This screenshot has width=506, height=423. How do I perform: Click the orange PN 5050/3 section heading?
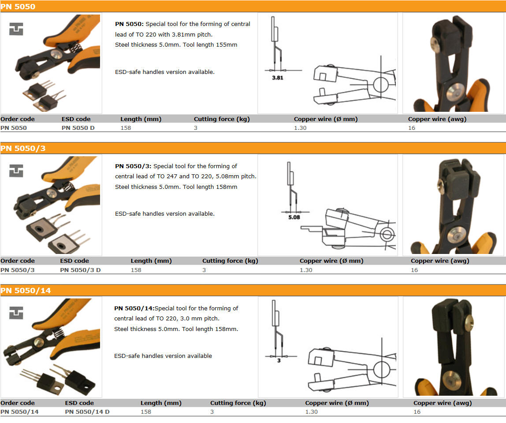click(23, 148)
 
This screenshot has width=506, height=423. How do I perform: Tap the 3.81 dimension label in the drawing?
click(278, 77)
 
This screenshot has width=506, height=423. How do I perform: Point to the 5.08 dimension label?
click(294, 217)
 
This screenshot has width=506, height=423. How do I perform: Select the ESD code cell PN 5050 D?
click(78, 128)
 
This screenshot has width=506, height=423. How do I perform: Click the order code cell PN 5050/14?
click(19, 412)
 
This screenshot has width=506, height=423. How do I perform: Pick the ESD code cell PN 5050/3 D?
click(80, 270)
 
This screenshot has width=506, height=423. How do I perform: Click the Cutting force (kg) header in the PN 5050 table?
click(222, 119)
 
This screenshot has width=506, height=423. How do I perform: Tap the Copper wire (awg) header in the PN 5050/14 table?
click(443, 403)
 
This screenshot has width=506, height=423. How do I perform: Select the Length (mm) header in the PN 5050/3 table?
click(151, 261)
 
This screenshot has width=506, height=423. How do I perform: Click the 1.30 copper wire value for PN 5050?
click(300, 128)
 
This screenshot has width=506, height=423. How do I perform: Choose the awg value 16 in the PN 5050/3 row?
click(414, 270)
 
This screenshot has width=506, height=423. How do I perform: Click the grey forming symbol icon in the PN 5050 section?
click(16, 29)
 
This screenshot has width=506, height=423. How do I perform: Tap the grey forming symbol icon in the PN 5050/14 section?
click(16, 313)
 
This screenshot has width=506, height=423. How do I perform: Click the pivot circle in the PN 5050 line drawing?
click(381, 85)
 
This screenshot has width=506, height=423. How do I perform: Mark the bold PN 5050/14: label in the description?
click(134, 308)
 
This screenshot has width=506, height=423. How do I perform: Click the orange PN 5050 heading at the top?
click(18, 7)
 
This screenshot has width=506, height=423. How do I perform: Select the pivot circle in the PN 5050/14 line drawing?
click(382, 370)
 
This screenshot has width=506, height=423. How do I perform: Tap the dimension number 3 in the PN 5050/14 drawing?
click(279, 360)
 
